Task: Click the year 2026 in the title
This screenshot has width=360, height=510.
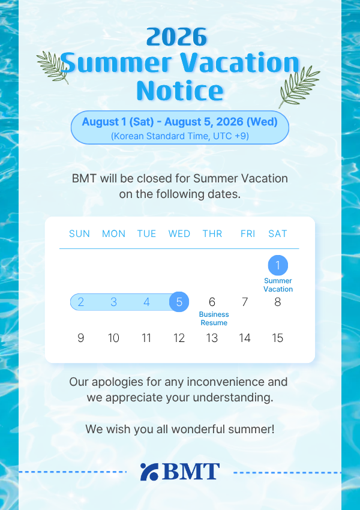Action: click(x=176, y=37)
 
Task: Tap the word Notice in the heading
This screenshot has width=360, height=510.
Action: click(x=180, y=90)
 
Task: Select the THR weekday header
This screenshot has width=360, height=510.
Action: click(x=212, y=233)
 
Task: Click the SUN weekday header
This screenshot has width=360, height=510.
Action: click(x=79, y=233)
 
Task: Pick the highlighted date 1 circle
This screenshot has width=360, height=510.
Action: click(x=278, y=265)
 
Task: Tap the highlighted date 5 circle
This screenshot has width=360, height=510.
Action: click(x=179, y=302)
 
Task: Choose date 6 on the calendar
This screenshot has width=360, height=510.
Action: click(x=212, y=302)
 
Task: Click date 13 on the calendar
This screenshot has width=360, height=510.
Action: click(x=212, y=338)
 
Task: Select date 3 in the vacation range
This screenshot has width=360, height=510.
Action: click(x=113, y=302)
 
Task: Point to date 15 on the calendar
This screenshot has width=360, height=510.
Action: click(x=277, y=338)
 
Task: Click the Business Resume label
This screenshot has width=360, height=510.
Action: click(x=214, y=319)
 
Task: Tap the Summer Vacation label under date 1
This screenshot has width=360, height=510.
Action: click(x=278, y=285)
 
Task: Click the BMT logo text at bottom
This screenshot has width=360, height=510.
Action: click(x=191, y=472)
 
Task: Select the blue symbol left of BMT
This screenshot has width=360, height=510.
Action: click(x=149, y=472)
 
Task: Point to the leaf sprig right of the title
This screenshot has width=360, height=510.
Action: click(x=299, y=87)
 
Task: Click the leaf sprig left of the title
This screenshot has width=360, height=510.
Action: click(x=53, y=67)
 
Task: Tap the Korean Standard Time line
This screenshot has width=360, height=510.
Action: click(x=180, y=136)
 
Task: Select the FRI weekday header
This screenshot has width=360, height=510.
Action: click(x=248, y=233)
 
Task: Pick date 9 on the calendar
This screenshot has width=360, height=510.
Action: click(x=80, y=338)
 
